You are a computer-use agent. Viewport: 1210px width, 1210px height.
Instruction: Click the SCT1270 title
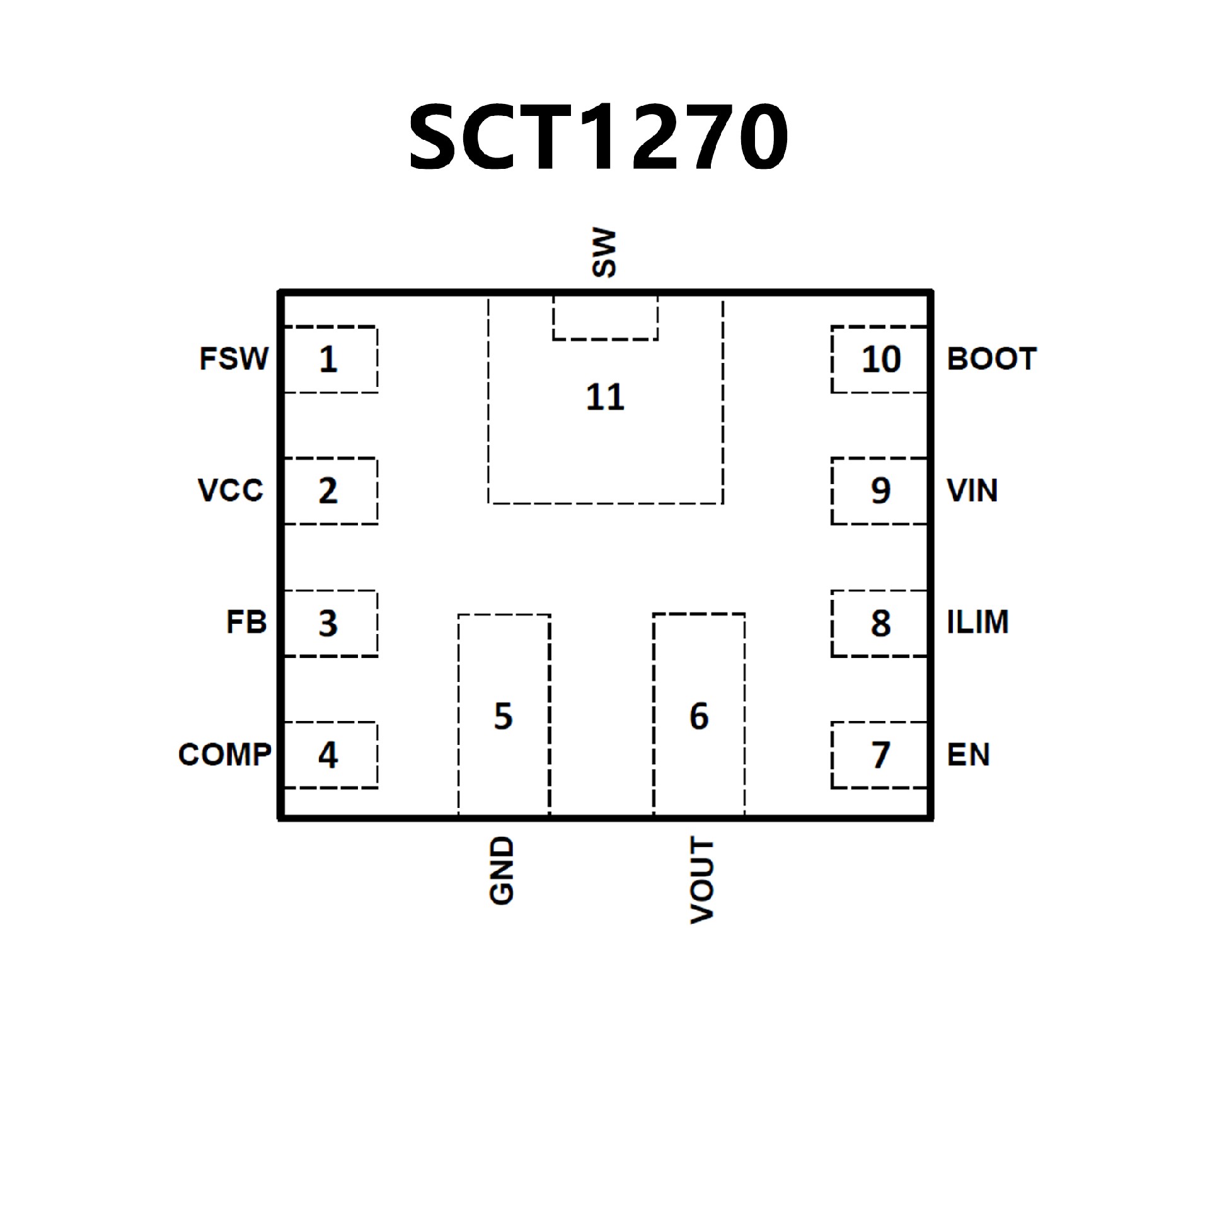pyautogui.click(x=597, y=137)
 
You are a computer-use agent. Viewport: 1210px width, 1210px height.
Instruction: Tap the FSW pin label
pyautogui.click(x=234, y=359)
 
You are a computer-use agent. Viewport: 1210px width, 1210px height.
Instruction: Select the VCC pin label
pyautogui.click(x=231, y=490)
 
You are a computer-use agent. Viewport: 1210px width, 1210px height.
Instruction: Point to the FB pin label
pyautogui.click(x=246, y=623)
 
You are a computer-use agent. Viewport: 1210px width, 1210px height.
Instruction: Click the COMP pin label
pyautogui.click(x=225, y=754)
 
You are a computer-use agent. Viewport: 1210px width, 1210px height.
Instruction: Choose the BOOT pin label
pyautogui.click(x=991, y=359)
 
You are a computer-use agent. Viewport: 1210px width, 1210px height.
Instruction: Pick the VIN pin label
pyautogui.click(x=972, y=490)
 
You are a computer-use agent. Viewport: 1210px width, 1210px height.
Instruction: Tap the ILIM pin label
pyautogui.click(x=977, y=622)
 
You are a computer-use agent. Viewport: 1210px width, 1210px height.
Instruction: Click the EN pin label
pyautogui.click(x=968, y=754)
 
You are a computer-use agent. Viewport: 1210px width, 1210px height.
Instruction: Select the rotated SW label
pyautogui.click(x=604, y=253)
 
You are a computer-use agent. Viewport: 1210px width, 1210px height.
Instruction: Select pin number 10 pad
pyautogui.click(x=880, y=360)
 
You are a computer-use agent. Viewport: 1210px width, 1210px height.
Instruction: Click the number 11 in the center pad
pyautogui.click(x=605, y=398)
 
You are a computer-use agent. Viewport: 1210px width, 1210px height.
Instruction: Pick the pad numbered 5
pyautogui.click(x=504, y=716)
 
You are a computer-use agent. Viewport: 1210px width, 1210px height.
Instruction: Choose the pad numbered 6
pyautogui.click(x=699, y=716)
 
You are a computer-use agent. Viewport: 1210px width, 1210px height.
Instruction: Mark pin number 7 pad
pyautogui.click(x=880, y=755)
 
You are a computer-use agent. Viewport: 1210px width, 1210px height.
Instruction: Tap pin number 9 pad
pyautogui.click(x=880, y=491)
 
